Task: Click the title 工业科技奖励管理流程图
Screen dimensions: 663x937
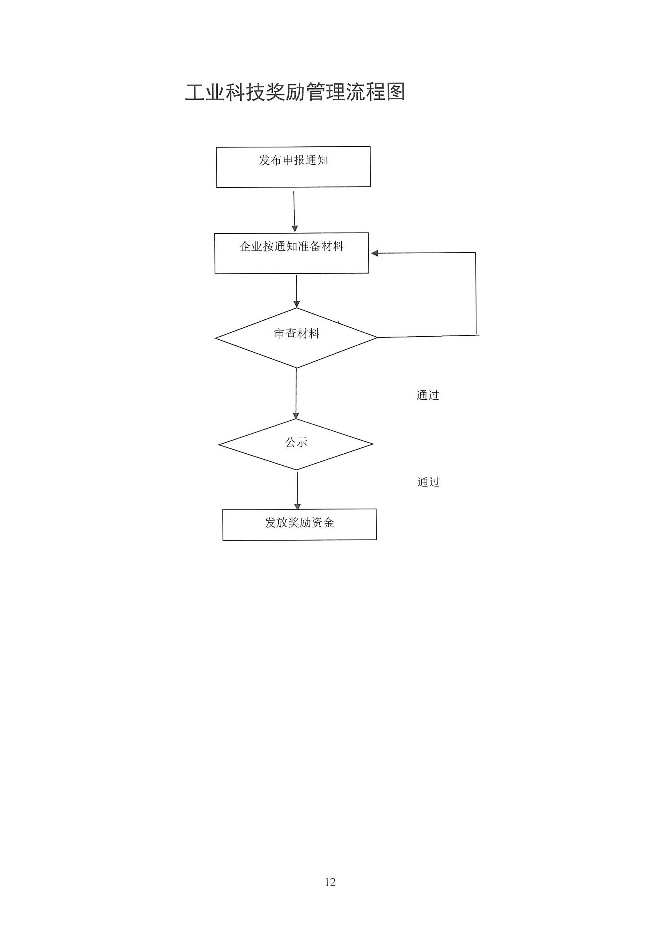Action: [x=295, y=92]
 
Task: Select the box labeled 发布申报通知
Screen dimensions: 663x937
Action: [x=293, y=167]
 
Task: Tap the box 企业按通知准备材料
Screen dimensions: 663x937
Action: [x=292, y=253]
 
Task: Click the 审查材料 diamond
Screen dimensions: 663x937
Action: [x=296, y=338]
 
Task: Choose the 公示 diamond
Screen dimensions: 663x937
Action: [x=296, y=444]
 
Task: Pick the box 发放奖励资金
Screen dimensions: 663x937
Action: [x=300, y=525]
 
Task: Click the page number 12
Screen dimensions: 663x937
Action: [x=330, y=882]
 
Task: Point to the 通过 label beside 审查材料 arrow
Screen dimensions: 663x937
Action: [x=428, y=395]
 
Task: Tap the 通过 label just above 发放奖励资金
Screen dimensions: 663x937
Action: [x=428, y=482]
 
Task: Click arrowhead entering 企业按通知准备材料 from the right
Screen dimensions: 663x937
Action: [x=374, y=253]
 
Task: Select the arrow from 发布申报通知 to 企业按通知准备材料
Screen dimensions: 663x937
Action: [x=294, y=211]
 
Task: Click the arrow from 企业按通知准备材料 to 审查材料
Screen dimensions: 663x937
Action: [x=296, y=291]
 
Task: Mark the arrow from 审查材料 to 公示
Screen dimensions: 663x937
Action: [x=296, y=394]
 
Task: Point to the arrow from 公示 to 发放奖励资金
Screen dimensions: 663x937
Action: [x=297, y=491]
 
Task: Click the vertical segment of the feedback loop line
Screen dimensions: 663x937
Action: [x=476, y=294]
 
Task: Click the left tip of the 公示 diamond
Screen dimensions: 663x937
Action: [x=219, y=444]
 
